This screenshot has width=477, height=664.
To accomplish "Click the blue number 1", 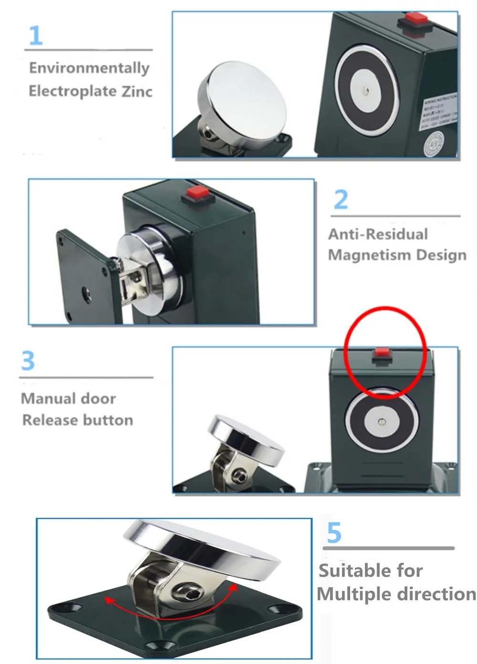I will click(x=36, y=36).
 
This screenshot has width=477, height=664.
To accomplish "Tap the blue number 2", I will click(x=341, y=199).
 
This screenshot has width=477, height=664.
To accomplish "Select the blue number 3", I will click(x=28, y=361).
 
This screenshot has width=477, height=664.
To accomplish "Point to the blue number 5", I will click(x=334, y=533).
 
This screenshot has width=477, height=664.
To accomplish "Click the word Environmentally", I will click(x=89, y=68).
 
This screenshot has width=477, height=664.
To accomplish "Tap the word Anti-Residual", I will click(x=378, y=234).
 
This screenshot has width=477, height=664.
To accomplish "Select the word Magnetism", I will click(x=363, y=255).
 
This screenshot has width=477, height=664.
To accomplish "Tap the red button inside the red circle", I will click(x=382, y=353).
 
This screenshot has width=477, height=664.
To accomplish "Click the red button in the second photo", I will click(x=195, y=193).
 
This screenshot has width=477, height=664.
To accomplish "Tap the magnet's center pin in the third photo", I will click(x=381, y=422).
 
